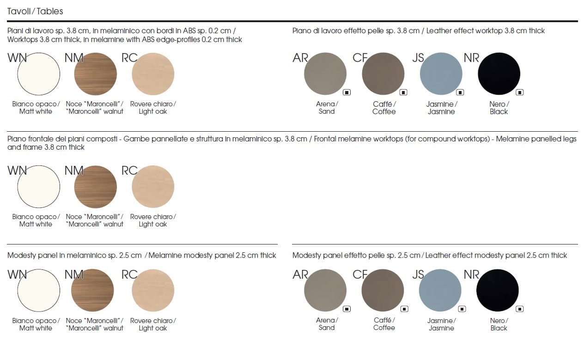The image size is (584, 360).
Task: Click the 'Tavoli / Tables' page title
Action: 35,11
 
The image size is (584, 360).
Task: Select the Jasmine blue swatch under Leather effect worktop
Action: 441,74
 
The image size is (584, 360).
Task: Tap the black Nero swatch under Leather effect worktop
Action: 499,74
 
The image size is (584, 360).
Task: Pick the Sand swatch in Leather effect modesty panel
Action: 325,290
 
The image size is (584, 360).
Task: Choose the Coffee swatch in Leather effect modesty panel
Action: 383,290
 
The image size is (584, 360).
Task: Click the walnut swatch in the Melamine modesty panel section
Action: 92,290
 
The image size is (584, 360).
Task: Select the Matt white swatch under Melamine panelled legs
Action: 39,187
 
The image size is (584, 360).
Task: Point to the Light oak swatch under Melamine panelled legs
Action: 153,187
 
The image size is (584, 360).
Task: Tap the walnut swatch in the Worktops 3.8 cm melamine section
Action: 96,74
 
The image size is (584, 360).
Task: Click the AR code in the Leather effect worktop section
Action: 300,58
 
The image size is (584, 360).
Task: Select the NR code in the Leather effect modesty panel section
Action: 472,275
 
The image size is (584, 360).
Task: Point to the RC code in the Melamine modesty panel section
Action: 129,275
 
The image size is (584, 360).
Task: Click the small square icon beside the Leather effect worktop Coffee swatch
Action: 403,92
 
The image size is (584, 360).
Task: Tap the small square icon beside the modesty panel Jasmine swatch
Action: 462,309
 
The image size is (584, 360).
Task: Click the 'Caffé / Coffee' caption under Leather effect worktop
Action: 384,108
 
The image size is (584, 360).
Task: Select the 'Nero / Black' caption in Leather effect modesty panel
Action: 499,324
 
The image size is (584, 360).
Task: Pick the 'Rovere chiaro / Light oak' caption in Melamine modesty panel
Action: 153,324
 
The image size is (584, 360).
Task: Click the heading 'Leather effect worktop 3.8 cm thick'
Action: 486,31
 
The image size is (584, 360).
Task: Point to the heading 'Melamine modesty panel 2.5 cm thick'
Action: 213,255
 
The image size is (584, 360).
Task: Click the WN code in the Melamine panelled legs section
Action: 17,170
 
